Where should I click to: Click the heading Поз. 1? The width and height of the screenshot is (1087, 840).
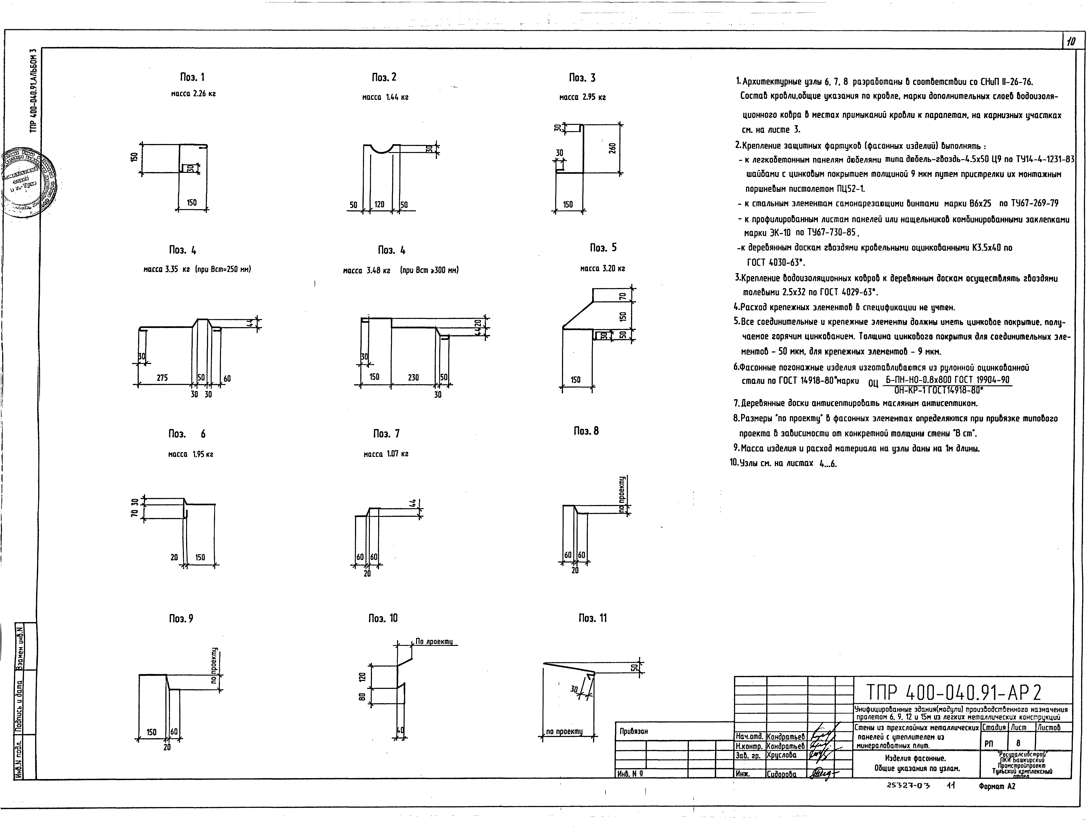192,77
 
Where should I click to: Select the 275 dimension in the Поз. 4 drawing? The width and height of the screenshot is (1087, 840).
162,378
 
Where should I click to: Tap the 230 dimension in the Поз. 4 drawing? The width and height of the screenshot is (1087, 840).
413,378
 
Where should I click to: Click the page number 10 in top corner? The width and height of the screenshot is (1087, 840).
1071,41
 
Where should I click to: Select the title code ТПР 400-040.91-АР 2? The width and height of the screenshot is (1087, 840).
954,692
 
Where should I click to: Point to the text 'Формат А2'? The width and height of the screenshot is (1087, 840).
996,786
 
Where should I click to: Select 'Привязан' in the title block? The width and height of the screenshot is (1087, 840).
634,731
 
